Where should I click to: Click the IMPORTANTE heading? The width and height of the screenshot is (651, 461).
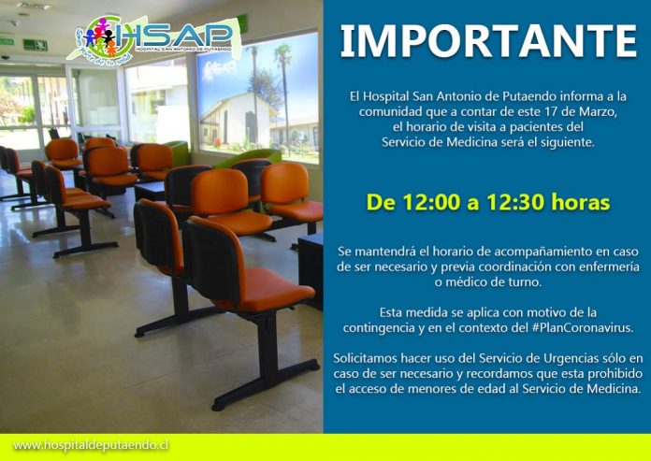pos(488,41)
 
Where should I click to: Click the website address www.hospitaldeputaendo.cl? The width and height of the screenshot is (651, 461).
pos(91,446)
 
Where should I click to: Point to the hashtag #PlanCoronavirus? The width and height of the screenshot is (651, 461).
pos(583,327)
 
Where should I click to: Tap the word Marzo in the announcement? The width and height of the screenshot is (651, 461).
pos(603,112)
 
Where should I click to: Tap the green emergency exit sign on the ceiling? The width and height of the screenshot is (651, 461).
pos(35,45)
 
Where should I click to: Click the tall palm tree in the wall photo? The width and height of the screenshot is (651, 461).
pos(284,95)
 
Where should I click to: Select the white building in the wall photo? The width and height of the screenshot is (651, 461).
pos(236,121)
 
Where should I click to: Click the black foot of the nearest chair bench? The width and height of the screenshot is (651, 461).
pos(266,386)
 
